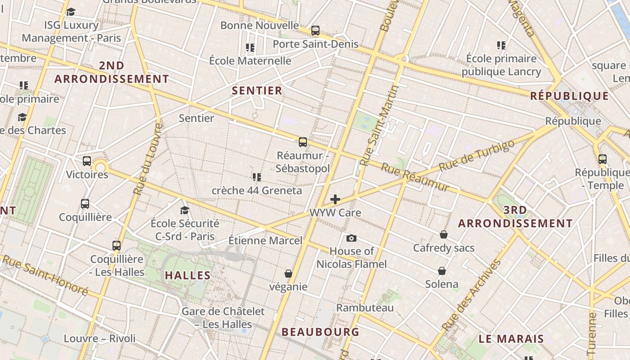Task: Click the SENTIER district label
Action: tap(257, 90)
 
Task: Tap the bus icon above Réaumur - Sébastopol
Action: tap(303, 142)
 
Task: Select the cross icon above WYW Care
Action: tap(335, 199)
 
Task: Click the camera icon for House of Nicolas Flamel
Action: tap(351, 238)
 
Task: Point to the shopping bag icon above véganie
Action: tap(288, 274)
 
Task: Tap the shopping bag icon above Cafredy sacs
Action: tap(444, 234)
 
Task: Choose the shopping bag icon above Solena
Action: tap(442, 271)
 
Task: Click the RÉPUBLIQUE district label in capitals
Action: tap(569, 96)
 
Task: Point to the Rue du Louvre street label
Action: tap(147, 159)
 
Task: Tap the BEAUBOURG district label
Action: tap(320, 332)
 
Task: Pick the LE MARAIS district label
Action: tap(511, 339)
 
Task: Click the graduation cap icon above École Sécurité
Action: tap(184, 210)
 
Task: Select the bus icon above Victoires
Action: tap(87, 161)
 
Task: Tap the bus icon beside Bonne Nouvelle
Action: tap(315, 31)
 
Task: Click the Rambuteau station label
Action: tap(365, 308)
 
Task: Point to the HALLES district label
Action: tap(188, 275)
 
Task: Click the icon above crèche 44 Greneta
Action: tap(257, 177)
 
